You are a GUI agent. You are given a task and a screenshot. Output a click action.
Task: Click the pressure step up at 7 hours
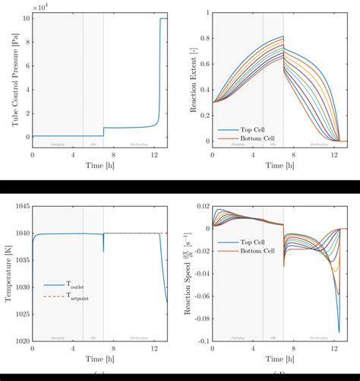[104, 132]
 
